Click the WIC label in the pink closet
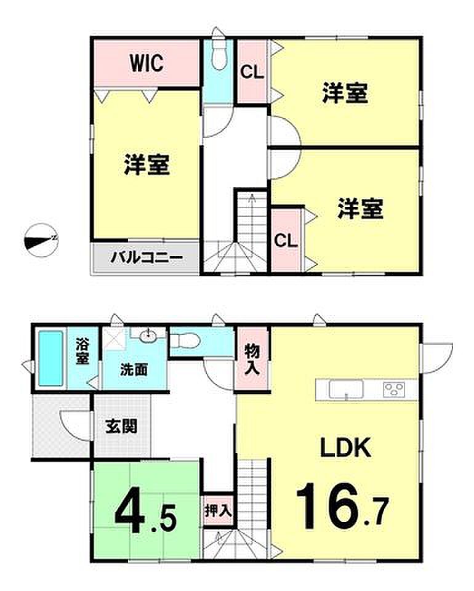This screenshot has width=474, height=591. pos(147,63)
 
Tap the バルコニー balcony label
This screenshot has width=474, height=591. pos(147,258)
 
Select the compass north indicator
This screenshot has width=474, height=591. pos(41,240)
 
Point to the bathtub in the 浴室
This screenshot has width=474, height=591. pos(50,358)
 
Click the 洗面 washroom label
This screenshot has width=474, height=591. pos(134,370)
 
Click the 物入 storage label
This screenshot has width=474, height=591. pos(252,360)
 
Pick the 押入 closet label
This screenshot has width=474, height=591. pos(218,511)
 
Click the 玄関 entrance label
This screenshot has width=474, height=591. pos(121,426)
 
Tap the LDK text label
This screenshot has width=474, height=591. pos(345,448)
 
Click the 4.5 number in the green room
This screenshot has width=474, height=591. pos(145,514)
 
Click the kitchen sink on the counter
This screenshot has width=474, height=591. pos(346,389)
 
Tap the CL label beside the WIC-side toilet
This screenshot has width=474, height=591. pos(252,71)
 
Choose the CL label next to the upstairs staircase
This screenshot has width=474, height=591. pos(286,240)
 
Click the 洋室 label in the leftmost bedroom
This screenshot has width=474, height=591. pos(147,164)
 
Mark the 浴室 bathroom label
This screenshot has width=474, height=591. pos(82,352)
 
